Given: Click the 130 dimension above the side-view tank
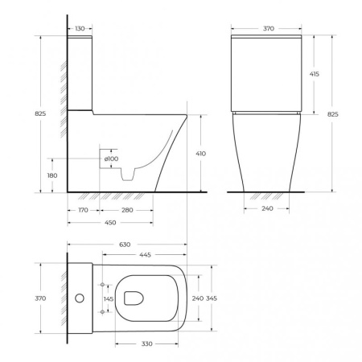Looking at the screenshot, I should (x=78, y=28).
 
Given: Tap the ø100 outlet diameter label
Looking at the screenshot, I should (x=111, y=158).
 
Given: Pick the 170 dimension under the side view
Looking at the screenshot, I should (x=84, y=211).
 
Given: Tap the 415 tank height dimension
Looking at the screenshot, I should (x=314, y=73).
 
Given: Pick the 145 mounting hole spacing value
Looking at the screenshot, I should (x=109, y=298).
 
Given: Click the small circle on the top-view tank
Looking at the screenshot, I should (x=80, y=298).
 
